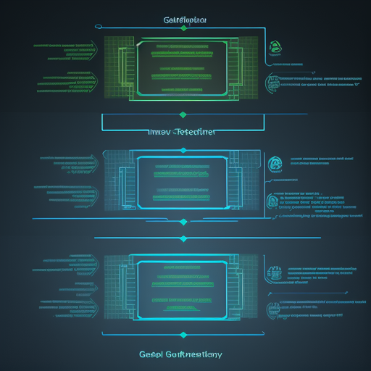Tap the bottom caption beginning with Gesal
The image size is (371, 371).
(x=180, y=354)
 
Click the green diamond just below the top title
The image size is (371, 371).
(x=183, y=28)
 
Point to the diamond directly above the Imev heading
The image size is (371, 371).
(x=183, y=114)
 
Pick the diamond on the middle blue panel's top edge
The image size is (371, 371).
(x=183, y=151)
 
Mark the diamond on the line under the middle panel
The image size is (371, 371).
(x=183, y=217)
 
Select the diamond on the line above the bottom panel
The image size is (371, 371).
(x=183, y=238)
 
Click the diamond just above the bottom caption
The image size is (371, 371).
(x=183, y=335)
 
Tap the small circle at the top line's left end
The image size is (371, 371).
(x=96, y=28)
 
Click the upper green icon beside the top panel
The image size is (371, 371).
(x=275, y=48)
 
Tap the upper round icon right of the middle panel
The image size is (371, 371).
(x=275, y=164)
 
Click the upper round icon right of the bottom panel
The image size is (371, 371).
(x=275, y=273)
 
